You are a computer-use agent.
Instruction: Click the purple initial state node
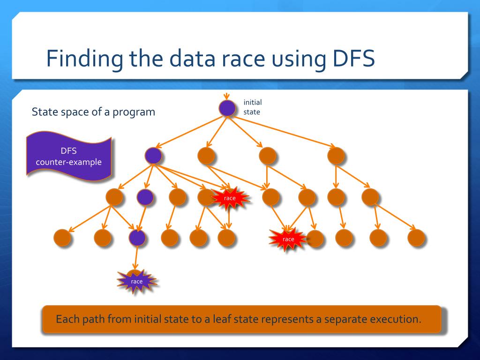[x=227, y=108]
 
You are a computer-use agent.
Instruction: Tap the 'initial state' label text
[x=252, y=107]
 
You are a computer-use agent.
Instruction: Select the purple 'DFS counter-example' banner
[x=69, y=157]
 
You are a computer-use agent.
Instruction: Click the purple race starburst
[x=136, y=281]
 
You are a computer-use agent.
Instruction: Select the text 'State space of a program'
[x=93, y=112]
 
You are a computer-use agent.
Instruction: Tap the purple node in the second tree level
[x=153, y=155]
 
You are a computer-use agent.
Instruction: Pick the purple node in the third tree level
[x=145, y=197]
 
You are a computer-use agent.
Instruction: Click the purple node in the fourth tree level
[x=137, y=238]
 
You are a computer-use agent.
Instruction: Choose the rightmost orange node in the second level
[x=336, y=155]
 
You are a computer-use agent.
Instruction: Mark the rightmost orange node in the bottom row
[x=416, y=238]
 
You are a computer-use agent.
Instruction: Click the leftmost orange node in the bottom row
[x=62, y=238]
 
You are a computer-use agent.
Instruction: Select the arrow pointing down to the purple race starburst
[x=136, y=258]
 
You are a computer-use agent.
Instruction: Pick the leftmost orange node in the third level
[x=114, y=197]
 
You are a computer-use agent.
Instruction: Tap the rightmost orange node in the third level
[x=370, y=197]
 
